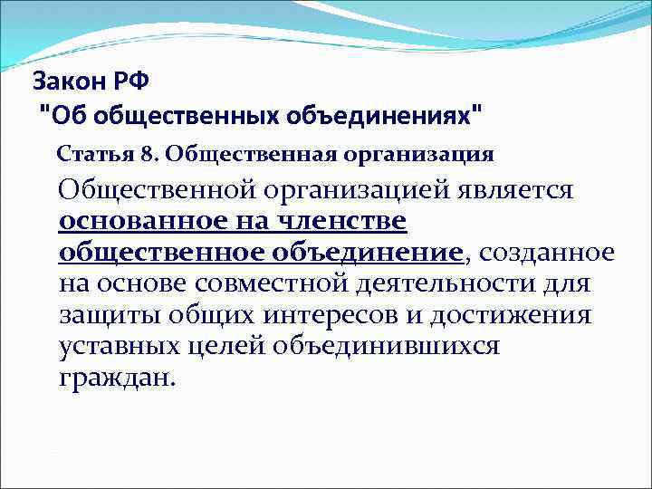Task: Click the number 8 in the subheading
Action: [144, 153]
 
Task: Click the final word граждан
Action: [113, 378]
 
